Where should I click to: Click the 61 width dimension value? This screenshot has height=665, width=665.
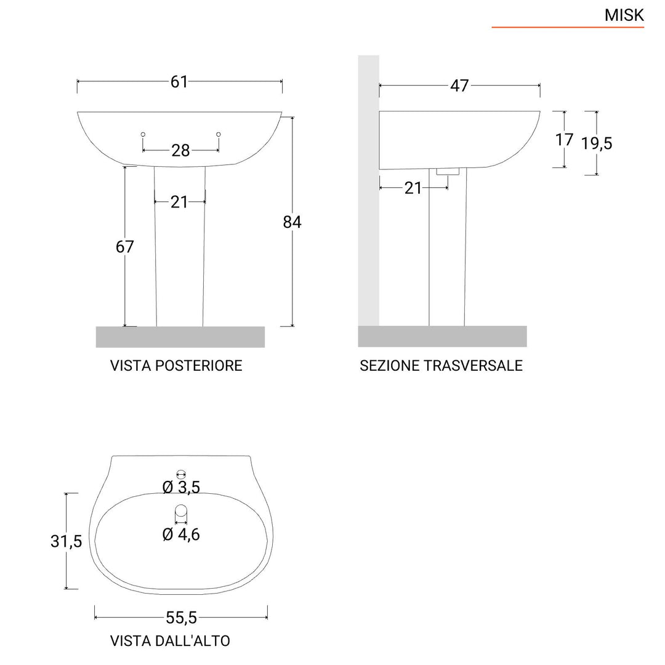[x=179, y=81]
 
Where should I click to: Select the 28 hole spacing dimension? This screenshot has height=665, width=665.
[x=180, y=150]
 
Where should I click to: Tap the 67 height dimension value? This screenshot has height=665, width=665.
[x=124, y=247]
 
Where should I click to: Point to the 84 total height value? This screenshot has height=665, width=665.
[x=292, y=222]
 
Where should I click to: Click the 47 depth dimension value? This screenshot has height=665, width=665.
[x=459, y=86]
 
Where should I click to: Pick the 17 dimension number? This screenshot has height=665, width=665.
[x=564, y=140]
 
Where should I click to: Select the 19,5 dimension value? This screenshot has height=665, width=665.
[x=597, y=143]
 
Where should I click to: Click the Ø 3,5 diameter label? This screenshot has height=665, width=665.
[x=181, y=488]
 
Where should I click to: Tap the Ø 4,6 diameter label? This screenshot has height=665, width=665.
[x=181, y=534]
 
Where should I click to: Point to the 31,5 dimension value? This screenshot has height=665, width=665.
[x=66, y=541]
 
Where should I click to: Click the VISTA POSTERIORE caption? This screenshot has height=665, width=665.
[x=176, y=366]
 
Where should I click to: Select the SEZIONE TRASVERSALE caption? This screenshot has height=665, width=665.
[x=441, y=366]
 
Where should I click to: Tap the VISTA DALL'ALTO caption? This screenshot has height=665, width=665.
[x=170, y=641]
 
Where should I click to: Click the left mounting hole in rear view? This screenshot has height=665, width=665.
[x=143, y=134]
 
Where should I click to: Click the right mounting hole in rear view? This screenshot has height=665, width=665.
[x=219, y=134]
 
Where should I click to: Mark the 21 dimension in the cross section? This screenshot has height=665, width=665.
[x=413, y=188]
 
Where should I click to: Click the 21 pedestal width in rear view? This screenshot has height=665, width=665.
[x=179, y=201]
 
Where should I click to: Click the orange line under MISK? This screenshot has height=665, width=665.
[x=567, y=28]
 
